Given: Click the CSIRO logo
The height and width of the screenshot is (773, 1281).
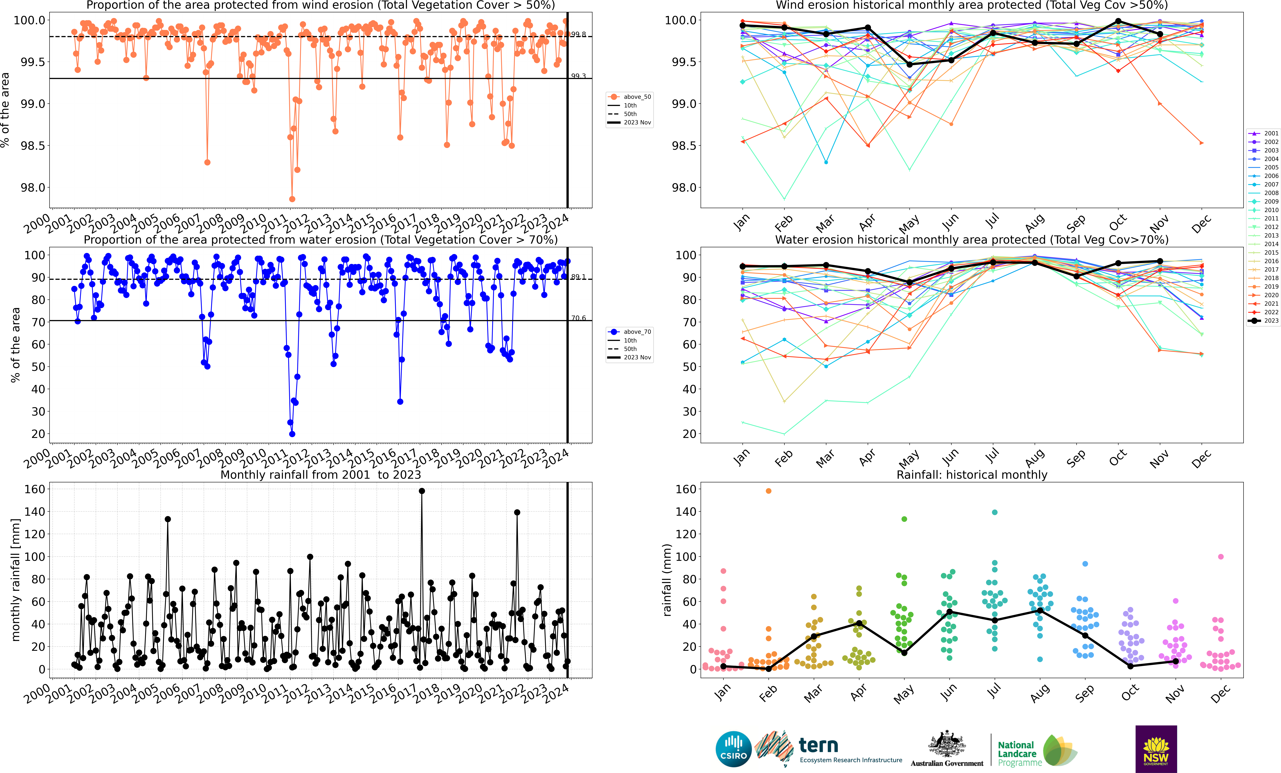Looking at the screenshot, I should tap(734, 749).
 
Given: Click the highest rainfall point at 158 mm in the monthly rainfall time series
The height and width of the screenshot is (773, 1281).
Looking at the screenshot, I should tap(422, 491).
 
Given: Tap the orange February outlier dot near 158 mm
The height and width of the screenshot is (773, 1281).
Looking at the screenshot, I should tap(768, 491).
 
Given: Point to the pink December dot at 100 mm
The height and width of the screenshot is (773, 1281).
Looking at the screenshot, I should tap(1221, 557).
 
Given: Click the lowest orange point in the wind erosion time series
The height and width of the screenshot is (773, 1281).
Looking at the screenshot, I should tap(292, 199).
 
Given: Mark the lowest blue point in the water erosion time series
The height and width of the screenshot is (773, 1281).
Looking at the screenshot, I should tap(292, 434).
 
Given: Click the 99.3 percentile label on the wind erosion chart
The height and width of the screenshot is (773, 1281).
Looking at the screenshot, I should tap(578, 76).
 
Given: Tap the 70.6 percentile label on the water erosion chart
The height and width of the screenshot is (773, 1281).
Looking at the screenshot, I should tap(578, 318).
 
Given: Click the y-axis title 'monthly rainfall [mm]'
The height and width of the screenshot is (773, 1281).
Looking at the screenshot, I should tap(16, 580).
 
